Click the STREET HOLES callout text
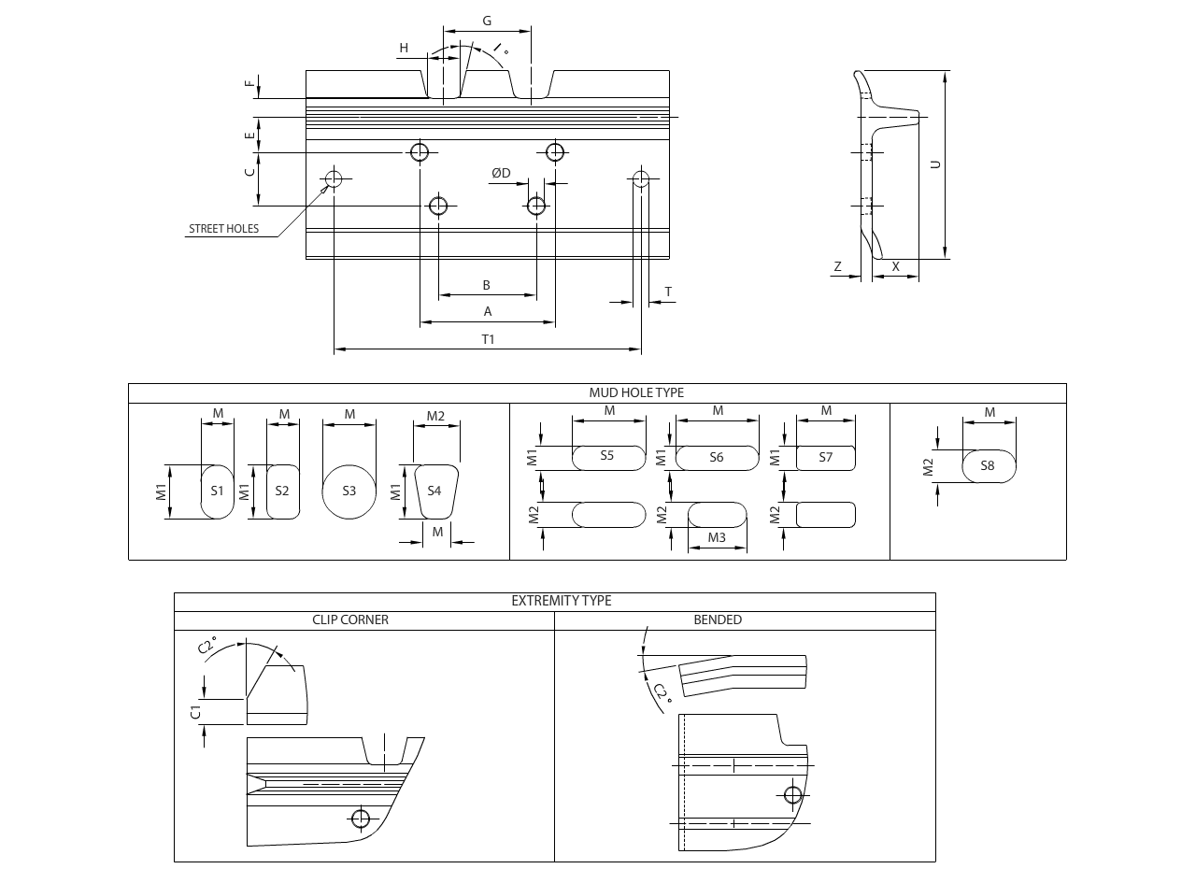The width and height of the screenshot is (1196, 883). [223, 229]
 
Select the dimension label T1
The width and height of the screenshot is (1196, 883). [488, 339]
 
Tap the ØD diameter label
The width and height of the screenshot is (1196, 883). [502, 173]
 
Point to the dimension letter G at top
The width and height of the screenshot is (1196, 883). [487, 21]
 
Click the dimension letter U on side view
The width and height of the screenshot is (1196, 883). [935, 164]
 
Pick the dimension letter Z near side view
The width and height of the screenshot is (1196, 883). [837, 266]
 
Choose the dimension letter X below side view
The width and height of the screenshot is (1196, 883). [896, 266]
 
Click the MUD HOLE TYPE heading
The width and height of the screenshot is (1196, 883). [636, 392]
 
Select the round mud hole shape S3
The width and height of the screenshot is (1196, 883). [349, 491]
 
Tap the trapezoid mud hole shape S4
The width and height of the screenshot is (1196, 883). [434, 491]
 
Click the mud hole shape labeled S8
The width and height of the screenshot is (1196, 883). [988, 465]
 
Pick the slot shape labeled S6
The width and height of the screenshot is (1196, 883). [717, 457]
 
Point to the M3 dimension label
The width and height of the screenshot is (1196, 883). [717, 537]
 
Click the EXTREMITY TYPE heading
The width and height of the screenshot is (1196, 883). [562, 601]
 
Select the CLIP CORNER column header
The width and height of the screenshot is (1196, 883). [350, 620]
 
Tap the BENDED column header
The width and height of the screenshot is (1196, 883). [718, 620]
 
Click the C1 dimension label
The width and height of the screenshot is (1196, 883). [195, 712]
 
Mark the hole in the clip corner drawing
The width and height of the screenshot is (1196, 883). [361, 819]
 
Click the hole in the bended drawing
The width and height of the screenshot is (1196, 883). [793, 795]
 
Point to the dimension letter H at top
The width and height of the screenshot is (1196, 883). [404, 48]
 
